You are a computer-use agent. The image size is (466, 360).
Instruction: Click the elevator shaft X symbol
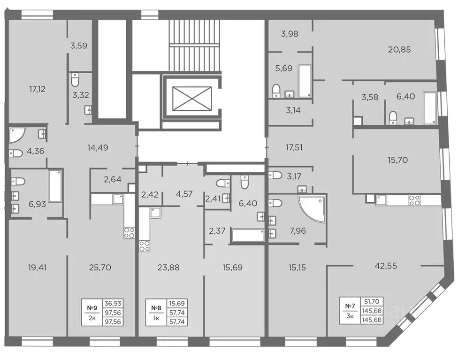coord(191,99)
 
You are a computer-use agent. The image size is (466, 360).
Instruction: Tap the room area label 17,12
coord(37,89)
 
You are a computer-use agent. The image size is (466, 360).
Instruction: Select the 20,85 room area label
coord(399,49)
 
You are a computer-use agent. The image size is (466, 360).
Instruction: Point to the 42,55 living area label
coord(386,266)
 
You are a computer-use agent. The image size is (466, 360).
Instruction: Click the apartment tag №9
coord(92,308)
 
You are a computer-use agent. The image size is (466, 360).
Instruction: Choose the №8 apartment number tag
coord(156,308)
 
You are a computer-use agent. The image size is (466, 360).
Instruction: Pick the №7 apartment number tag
coord(350,306)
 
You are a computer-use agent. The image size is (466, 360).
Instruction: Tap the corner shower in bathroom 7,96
coord(312,208)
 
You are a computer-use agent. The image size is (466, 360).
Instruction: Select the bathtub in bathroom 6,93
coord(55,186)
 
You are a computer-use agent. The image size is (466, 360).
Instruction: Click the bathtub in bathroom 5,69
coord(305,81)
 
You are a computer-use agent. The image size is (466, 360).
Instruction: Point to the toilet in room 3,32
coord(75,79)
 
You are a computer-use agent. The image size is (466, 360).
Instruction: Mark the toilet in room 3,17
coord(275,175)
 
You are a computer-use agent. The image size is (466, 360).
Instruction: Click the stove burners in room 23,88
coord(145,246)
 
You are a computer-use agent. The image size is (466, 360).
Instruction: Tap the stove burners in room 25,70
coord(129,232)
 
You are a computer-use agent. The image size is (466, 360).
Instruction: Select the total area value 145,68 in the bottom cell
coord(372,320)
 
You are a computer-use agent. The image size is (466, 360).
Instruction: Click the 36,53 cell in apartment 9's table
coord(113,304)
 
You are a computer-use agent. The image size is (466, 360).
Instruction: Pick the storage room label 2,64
coord(112,179)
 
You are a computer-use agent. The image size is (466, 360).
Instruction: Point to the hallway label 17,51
coord(294,147)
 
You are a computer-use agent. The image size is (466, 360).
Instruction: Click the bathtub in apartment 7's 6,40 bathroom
coord(430,108)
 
